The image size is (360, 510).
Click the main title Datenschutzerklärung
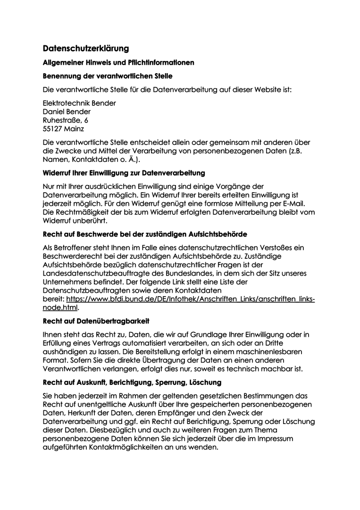(86, 48)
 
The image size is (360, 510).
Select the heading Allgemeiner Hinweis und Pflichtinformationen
(118, 62)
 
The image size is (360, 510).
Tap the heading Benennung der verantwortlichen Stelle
(108, 76)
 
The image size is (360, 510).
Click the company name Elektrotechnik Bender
(79, 103)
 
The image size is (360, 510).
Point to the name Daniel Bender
(67, 111)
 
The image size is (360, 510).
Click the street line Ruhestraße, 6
(66, 120)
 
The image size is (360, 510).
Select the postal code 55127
(51, 128)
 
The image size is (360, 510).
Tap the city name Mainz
(73, 128)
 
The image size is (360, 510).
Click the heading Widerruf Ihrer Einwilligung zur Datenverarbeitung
(124, 173)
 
